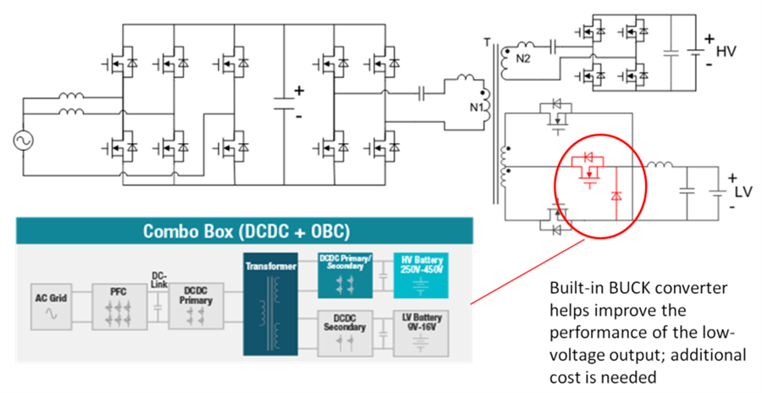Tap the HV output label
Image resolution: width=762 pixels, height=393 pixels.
click(726, 52)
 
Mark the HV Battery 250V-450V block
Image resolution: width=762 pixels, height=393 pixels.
click(420, 274)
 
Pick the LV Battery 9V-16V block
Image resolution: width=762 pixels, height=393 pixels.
click(421, 334)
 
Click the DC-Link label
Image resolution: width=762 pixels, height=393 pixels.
click(157, 280)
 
